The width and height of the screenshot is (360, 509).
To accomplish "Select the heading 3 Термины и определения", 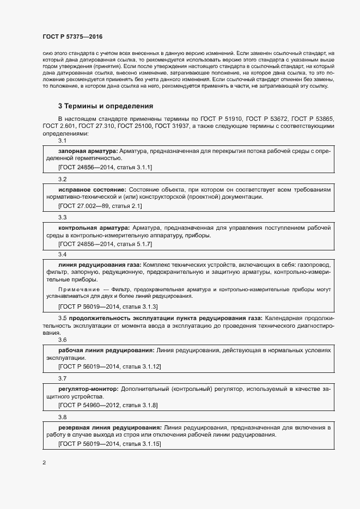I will coord(106,106).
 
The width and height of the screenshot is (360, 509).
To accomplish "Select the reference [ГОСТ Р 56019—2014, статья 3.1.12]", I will coord(109,367).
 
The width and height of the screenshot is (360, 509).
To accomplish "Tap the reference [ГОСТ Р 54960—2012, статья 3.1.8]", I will coord(108,406).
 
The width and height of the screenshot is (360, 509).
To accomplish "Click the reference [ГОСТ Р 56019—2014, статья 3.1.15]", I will coord(109,444).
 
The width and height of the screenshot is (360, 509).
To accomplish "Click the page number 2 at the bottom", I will coord(44,463).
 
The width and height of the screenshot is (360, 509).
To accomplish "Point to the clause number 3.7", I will coord(62,378).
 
